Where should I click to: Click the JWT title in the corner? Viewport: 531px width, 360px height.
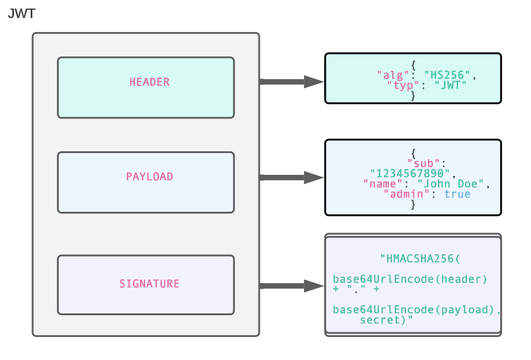[22, 14]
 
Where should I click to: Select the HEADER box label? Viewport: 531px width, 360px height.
[149, 82]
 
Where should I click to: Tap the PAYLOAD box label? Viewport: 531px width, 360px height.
[149, 177]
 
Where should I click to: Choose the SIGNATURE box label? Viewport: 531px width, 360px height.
[149, 284]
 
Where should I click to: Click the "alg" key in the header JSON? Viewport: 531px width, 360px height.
[389, 75]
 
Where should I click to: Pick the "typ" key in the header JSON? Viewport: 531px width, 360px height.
[400, 85]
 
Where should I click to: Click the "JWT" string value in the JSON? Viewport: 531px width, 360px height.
[451, 85]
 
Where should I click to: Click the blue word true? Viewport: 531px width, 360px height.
[457, 194]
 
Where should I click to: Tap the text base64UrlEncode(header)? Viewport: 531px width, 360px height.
[410, 279]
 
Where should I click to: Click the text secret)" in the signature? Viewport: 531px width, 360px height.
[386, 320]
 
